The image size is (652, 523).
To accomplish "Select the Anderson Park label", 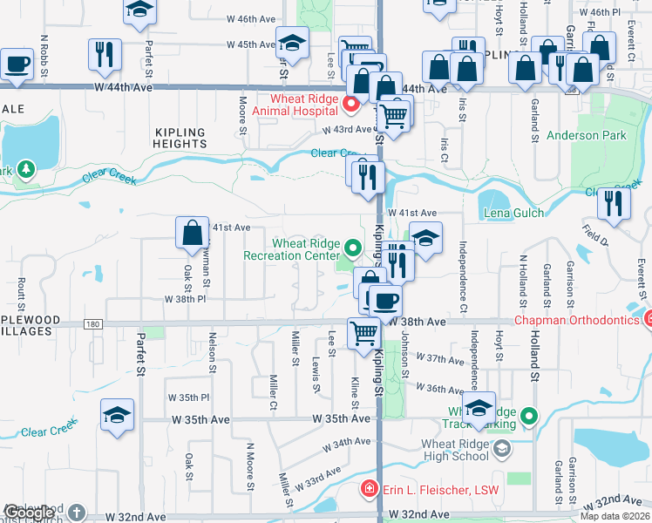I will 586,135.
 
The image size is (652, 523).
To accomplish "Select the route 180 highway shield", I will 93,324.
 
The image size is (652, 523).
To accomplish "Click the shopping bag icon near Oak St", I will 192,234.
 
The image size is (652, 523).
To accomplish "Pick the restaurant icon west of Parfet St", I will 104,54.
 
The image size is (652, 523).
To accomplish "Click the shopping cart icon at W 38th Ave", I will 363,332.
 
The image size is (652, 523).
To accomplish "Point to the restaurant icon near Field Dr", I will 615,203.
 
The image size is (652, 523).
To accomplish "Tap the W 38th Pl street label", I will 185,298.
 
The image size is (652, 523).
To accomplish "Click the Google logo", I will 28,513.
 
